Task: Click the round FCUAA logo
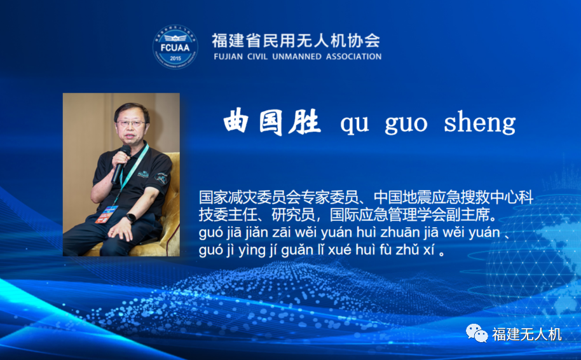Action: point(175,47)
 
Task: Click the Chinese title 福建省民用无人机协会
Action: point(296,41)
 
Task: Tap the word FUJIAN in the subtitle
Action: point(228,57)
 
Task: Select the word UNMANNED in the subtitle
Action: point(297,57)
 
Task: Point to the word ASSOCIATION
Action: point(354,57)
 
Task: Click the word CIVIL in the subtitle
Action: point(257,57)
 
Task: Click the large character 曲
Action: point(236,121)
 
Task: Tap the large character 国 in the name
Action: point(270,121)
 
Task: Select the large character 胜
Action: point(305,121)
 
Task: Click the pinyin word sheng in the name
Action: point(480,122)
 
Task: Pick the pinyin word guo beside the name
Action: point(406,124)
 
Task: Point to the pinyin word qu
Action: point(355,125)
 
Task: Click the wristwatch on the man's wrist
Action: point(131,218)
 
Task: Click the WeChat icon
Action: point(477,333)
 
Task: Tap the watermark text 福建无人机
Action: point(526,335)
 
